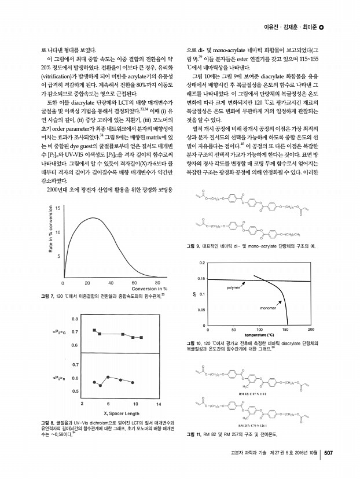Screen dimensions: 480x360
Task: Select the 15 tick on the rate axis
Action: pyautogui.click(x=57, y=208)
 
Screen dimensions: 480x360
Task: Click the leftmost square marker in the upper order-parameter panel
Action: pyautogui.click(x=94, y=330)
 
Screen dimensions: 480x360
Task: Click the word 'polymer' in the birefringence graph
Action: pyautogui.click(x=233, y=287)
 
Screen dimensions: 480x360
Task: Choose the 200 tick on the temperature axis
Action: pyautogui.click(x=311, y=330)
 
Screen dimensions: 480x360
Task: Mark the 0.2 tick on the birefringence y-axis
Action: pyautogui.click(x=202, y=262)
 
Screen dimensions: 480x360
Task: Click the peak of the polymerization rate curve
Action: pyautogui.click(x=93, y=218)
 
